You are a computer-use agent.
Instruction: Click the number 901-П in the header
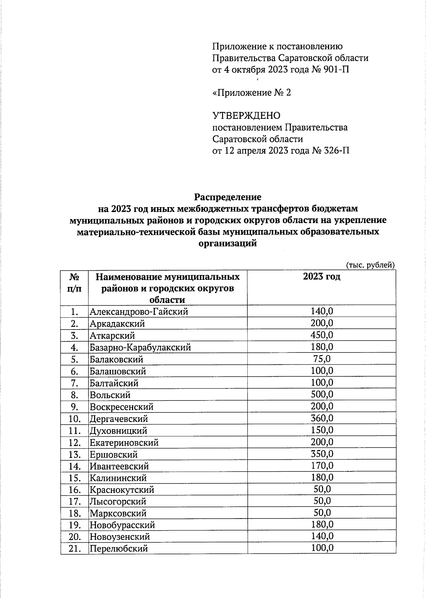[335, 70]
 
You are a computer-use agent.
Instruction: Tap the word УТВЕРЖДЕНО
[246, 116]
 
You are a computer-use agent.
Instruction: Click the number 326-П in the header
[335, 151]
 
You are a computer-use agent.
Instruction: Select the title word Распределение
[228, 197]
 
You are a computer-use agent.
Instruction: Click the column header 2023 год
[322, 277]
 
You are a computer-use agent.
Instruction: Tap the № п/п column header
[74, 283]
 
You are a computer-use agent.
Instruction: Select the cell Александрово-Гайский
[139, 312]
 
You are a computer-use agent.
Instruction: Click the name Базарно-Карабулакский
[140, 347]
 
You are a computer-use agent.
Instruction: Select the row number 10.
[75, 419]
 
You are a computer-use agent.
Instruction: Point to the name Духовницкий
[118, 431]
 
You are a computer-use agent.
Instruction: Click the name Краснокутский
[122, 490]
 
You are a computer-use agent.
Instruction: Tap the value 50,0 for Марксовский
[322, 513]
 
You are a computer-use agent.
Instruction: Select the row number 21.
[75, 549]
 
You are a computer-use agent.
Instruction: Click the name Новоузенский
[120, 537]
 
